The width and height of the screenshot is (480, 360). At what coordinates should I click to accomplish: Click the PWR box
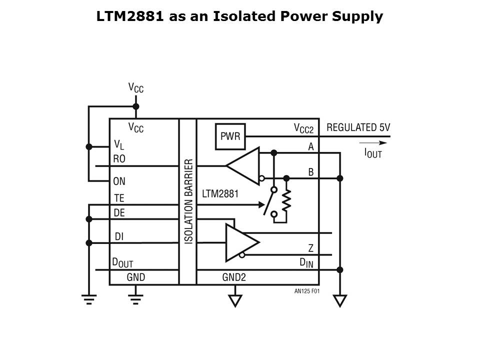click(x=230, y=136)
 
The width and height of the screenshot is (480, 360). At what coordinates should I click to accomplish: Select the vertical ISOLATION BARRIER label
click(x=188, y=201)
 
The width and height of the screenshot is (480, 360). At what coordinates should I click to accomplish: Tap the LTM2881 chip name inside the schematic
click(x=220, y=193)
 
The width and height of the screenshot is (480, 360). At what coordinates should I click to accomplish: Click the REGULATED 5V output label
click(x=358, y=127)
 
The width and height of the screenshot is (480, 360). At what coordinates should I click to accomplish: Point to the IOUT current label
click(x=372, y=153)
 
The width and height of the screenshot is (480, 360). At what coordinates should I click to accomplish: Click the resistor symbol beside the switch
click(x=286, y=201)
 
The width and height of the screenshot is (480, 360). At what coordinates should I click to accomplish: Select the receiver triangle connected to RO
click(x=243, y=166)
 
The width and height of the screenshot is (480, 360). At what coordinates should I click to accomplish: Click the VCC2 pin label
click(x=303, y=129)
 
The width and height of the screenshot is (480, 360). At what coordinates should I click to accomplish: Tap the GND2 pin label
click(x=234, y=276)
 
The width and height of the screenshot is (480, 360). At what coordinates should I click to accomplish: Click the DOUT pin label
click(x=122, y=262)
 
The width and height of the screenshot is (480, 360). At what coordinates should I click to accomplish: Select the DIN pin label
click(x=306, y=262)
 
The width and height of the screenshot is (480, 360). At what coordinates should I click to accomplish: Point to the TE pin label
click(x=119, y=198)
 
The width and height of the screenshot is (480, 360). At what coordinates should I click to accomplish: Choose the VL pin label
click(x=118, y=145)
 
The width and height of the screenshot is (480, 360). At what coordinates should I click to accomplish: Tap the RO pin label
click(x=119, y=159)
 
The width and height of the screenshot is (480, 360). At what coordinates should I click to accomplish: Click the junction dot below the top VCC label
click(x=135, y=106)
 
